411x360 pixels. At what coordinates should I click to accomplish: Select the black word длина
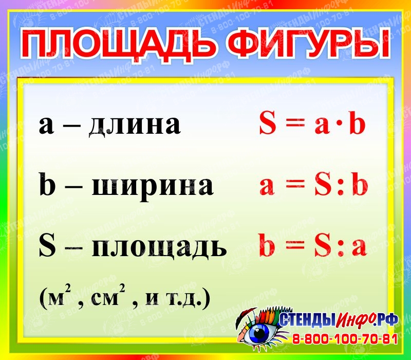click(x=135, y=125)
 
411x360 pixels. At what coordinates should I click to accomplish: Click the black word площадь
click(x=159, y=247)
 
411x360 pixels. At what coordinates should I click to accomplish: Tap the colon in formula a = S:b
click(x=341, y=187)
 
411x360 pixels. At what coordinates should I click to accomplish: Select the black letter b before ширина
click(x=47, y=184)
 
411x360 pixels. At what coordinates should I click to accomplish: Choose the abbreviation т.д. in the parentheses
click(x=184, y=298)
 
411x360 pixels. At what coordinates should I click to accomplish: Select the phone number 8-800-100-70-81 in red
click(x=345, y=339)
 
